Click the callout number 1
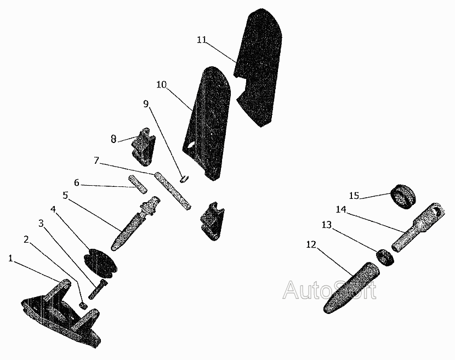pyautogui.click(x=10, y=258)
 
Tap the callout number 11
pyautogui.click(x=202, y=39)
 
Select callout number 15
pyautogui.click(x=355, y=196)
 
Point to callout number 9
pyautogui.click(x=146, y=104)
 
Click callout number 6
pyautogui.click(x=77, y=183)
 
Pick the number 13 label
pyautogui.click(x=327, y=225)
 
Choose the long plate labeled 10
pyautogui.click(x=207, y=123)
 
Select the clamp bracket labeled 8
pyautogui.click(x=144, y=146)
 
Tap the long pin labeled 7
pyautogui.click(x=173, y=191)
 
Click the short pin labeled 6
pyautogui.click(x=137, y=183)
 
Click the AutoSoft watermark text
pyautogui.click(x=329, y=290)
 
